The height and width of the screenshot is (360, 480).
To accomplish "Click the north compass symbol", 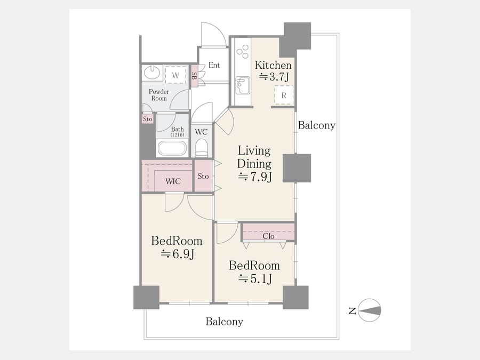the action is pyautogui.click(x=369, y=310).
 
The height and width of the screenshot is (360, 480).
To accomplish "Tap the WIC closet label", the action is pyautogui.click(x=173, y=181).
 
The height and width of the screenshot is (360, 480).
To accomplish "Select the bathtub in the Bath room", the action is pyautogui.click(x=172, y=148).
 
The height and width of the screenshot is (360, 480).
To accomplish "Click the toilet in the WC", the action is pyautogui.click(x=201, y=148).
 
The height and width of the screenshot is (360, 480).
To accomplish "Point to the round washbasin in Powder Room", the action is pyautogui.click(x=152, y=73).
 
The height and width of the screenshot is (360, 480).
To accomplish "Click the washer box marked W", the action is pyautogui.click(x=175, y=75).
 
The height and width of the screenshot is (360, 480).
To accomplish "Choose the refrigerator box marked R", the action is pyautogui.click(x=284, y=95).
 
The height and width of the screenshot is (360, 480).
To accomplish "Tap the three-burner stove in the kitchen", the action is pyautogui.click(x=243, y=51).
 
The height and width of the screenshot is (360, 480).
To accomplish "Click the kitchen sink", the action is pyautogui.click(x=243, y=85).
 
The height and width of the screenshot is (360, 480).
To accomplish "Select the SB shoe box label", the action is pyautogui.click(x=194, y=76).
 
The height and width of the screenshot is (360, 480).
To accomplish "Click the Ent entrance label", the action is pyautogui.click(x=214, y=65).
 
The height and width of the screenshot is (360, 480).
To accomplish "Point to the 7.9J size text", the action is pyautogui.click(x=255, y=177).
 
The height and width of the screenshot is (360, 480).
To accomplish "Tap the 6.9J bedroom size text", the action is pyautogui.click(x=178, y=254).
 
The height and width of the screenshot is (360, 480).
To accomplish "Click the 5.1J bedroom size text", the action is pyautogui.click(x=255, y=278).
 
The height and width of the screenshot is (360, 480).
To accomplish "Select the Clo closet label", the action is pyautogui.click(x=268, y=236).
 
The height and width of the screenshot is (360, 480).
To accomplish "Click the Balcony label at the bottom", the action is pyautogui.click(x=225, y=322).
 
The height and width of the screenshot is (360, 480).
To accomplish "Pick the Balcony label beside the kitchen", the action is pyautogui.click(x=316, y=125).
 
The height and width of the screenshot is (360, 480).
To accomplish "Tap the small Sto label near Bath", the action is pyautogui.click(x=148, y=119).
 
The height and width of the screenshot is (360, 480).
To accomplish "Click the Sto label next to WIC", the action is pyautogui.click(x=203, y=176).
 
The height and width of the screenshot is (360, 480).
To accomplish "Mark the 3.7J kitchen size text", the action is pyautogui.click(x=274, y=76).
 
